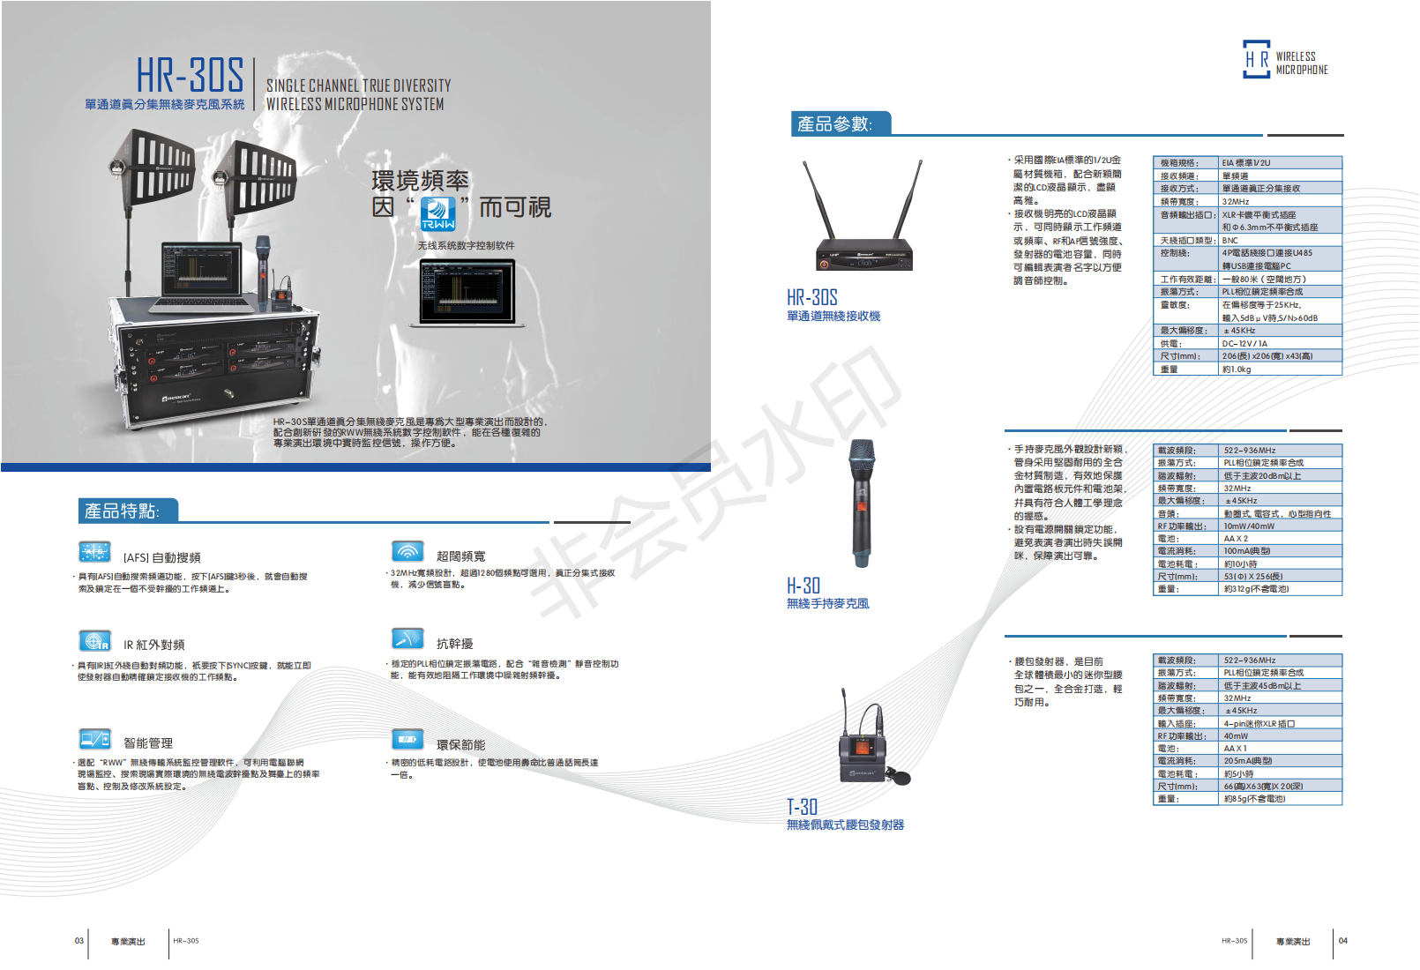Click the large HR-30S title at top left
point(190,75)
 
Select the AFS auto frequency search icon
point(94,552)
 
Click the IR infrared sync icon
point(94,640)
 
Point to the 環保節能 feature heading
point(460,745)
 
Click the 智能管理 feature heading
point(148,743)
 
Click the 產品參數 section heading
point(834,124)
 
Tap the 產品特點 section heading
point(122,511)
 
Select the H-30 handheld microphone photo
point(862,503)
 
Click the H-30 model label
point(803,586)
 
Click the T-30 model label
point(803,807)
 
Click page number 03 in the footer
point(79,941)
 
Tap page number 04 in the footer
point(1343,941)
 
